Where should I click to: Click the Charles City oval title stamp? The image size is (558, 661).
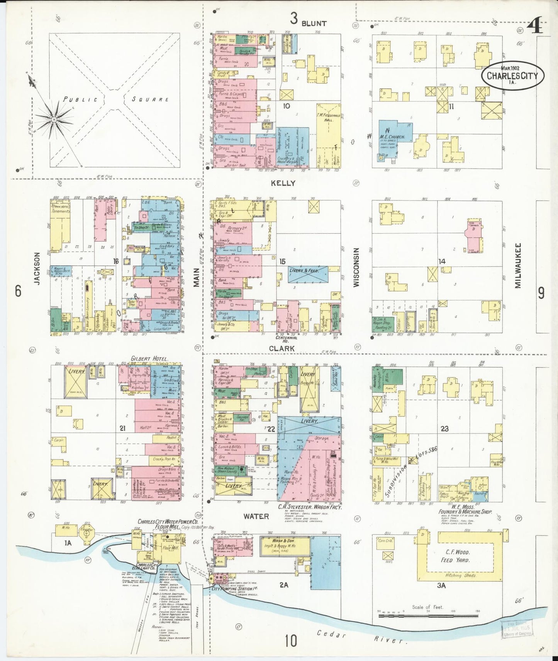[x=512, y=76]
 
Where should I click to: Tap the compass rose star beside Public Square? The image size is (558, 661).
[x=54, y=120]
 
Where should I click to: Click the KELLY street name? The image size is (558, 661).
[x=283, y=183]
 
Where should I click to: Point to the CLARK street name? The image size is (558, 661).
[x=282, y=348]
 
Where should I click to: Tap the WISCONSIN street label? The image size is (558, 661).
[x=356, y=267]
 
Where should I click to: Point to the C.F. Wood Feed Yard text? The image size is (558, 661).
[x=455, y=556]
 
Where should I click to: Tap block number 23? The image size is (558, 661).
[x=444, y=428]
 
